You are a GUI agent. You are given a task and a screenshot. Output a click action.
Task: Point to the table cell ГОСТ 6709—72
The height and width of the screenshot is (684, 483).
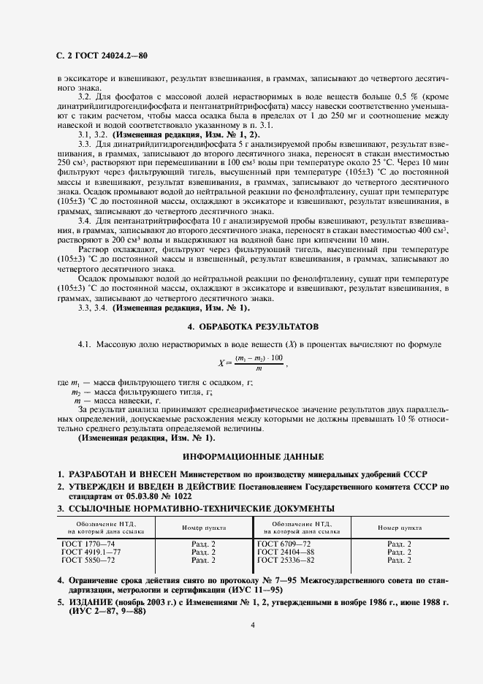[281, 544]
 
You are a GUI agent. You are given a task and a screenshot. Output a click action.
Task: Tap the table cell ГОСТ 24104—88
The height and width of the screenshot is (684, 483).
[284, 552]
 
